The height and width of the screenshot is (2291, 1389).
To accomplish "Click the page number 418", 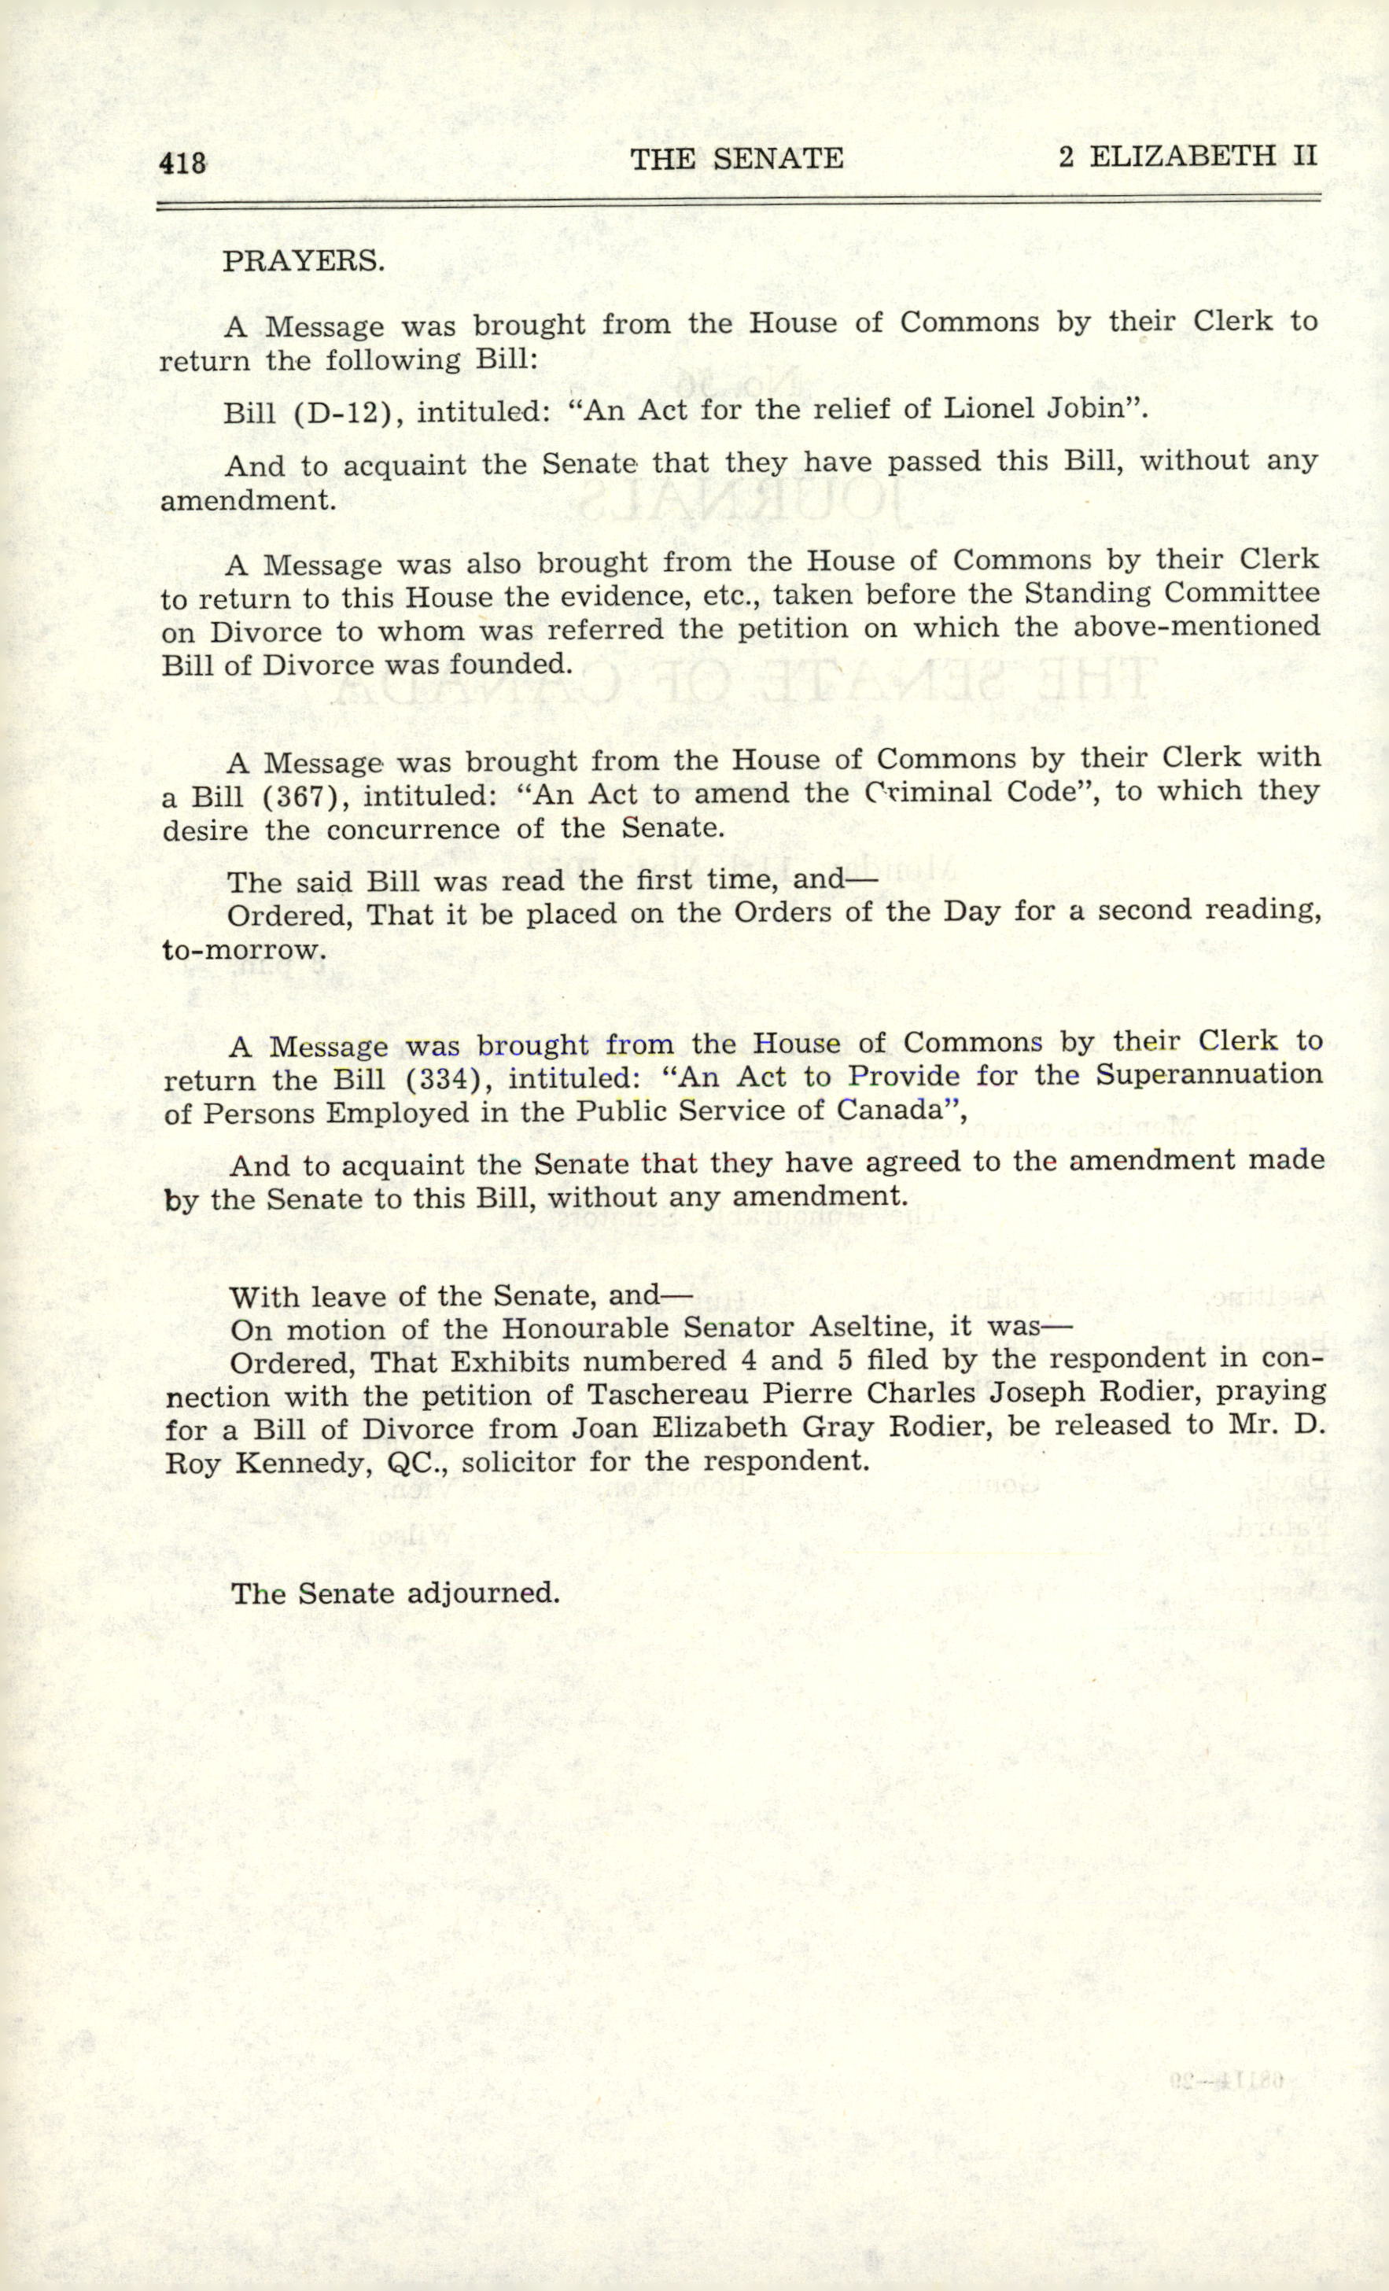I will click(182, 164).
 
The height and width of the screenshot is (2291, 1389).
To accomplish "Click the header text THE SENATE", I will click(736, 159).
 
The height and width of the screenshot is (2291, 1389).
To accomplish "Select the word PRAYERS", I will click(303, 261).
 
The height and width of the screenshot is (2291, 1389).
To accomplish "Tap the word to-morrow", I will click(244, 950).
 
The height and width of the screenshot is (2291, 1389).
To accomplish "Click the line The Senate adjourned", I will click(395, 1593).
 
